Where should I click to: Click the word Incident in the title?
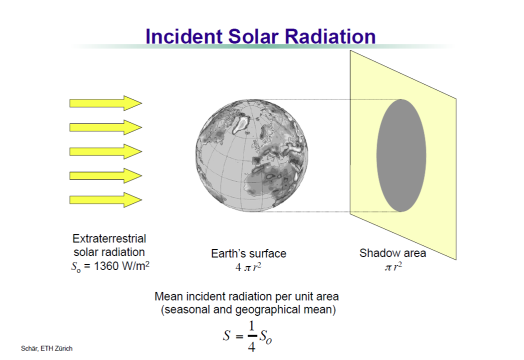(x=184, y=36)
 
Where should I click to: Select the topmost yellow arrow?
(x=106, y=103)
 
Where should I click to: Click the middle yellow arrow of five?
(x=106, y=152)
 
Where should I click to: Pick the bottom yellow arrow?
(x=106, y=200)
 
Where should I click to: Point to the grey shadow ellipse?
(x=401, y=156)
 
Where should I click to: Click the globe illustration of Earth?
(x=252, y=156)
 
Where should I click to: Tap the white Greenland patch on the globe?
(x=242, y=123)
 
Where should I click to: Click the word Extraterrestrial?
(x=109, y=238)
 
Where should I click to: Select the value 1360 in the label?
(x=106, y=266)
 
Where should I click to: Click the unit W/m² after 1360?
(x=136, y=266)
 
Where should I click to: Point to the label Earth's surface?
(x=249, y=253)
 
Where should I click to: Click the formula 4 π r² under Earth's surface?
(x=248, y=267)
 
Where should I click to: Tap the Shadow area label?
(x=393, y=253)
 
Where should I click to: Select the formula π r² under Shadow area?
(x=393, y=267)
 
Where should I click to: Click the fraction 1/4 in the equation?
(x=252, y=336)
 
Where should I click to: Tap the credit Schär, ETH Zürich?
(x=47, y=349)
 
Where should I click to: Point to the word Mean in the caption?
(x=169, y=296)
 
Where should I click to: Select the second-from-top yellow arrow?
(x=106, y=127)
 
